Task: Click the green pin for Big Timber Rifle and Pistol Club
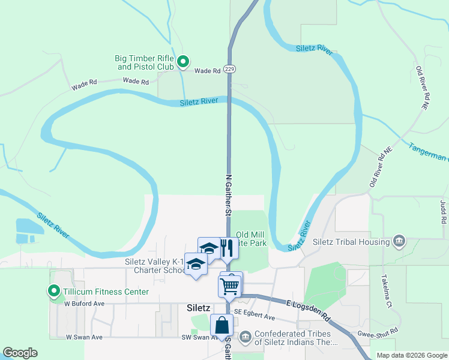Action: click(x=184, y=61)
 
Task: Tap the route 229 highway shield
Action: click(x=229, y=69)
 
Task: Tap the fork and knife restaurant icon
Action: click(x=226, y=248)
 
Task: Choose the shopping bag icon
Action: click(x=222, y=325)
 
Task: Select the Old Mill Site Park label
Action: click(x=251, y=239)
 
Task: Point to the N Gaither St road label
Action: click(x=228, y=194)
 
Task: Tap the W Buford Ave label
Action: click(x=84, y=304)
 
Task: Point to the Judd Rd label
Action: click(x=444, y=211)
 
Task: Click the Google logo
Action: click(x=20, y=353)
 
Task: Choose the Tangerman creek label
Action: click(x=429, y=151)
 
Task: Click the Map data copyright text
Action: click(x=411, y=355)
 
